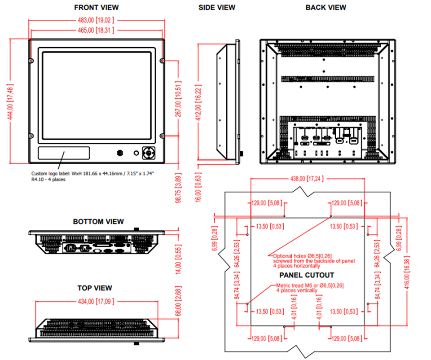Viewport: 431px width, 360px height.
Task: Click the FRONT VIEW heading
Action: [x=96, y=7]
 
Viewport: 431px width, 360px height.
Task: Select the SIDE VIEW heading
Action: [x=217, y=7]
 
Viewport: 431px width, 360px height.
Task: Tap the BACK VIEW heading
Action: [x=325, y=7]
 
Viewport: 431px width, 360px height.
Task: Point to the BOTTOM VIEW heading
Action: [x=98, y=221]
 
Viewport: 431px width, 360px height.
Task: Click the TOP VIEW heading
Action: [x=95, y=288]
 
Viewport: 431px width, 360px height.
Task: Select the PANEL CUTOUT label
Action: [x=307, y=275]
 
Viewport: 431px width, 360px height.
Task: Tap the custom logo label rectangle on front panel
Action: [x=63, y=153]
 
